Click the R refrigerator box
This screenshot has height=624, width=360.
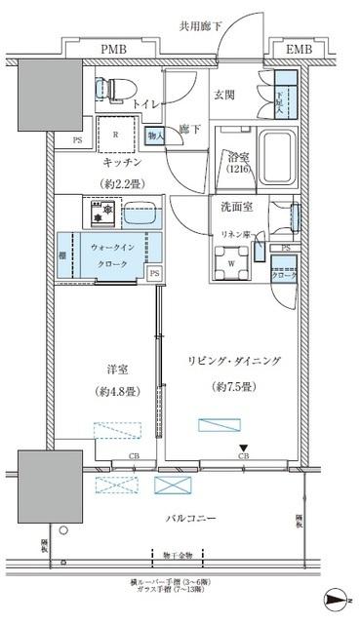click(118, 135)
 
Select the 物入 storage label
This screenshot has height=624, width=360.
click(154, 136)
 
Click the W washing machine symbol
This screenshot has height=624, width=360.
click(231, 261)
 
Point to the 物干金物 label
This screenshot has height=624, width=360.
click(178, 556)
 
